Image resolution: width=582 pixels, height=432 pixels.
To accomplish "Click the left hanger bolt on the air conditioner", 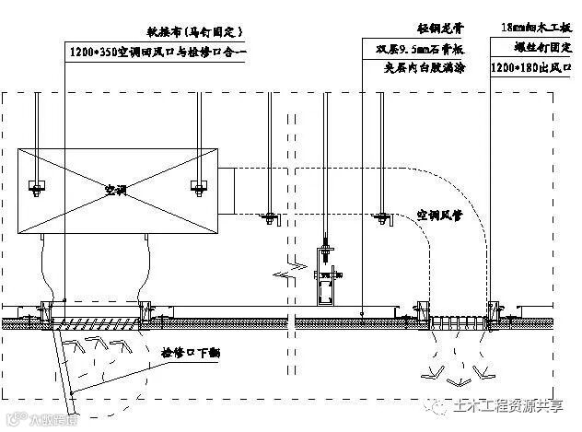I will tap(38, 187).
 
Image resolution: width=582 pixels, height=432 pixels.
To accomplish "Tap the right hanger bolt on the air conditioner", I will tap(198, 187).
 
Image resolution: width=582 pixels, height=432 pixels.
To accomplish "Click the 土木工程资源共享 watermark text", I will tap(510, 406).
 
